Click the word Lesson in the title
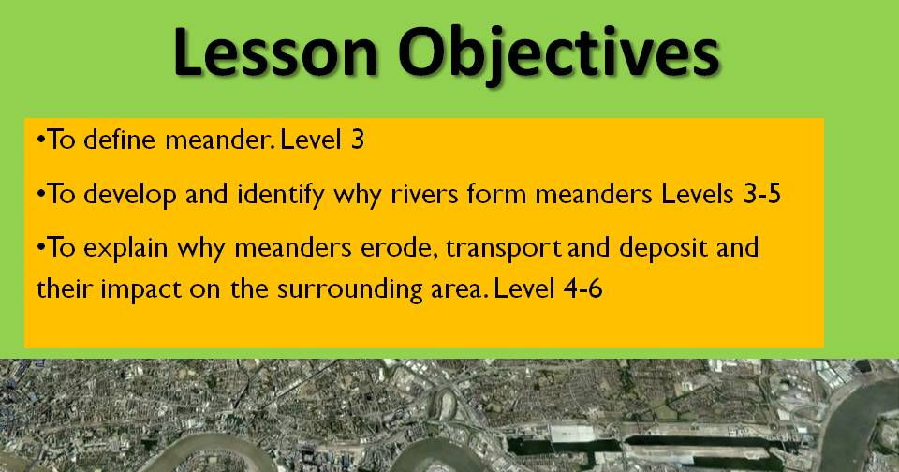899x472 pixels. coord(275,52)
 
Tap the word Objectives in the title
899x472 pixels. coord(558,56)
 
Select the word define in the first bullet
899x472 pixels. coord(119,140)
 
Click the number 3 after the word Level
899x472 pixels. coord(357,140)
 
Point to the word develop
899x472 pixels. coord(130,195)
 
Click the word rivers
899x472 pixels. coord(425,195)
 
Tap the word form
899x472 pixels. coord(496,194)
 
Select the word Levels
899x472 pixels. coord(697,194)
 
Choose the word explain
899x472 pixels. coord(125,249)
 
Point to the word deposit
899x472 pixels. coord(663,249)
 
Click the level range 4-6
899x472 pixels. coord(583,288)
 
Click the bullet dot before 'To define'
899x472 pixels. coord(40,139)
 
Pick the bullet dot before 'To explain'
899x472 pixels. coord(40,247)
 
